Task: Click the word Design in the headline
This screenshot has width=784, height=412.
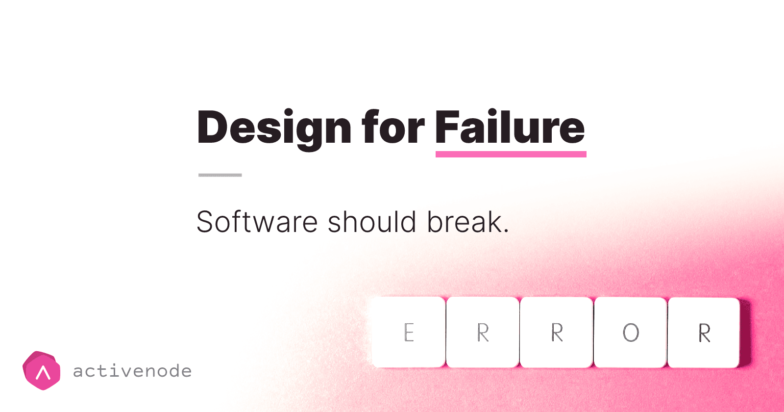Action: pos(274,128)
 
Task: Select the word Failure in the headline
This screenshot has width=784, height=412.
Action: pos(510,128)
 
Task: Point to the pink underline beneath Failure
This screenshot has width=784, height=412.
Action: pos(511,154)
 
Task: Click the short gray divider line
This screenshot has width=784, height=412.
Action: pos(220,175)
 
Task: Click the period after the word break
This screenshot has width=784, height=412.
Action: pos(506,231)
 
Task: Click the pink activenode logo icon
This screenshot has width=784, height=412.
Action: pos(42,371)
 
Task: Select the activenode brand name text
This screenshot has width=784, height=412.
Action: pos(132,371)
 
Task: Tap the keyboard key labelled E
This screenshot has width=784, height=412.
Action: pos(409,333)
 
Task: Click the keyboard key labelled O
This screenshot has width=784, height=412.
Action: pos(631,333)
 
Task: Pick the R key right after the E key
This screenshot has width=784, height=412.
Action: pos(483,333)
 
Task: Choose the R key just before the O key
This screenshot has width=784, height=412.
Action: pos(557,333)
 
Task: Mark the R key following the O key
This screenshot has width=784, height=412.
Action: pos(704,333)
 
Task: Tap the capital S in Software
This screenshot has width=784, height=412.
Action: pos(206,222)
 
